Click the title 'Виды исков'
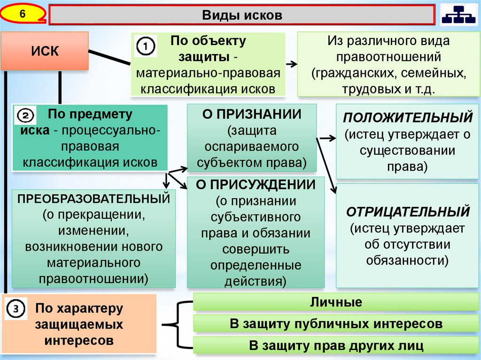(x=242, y=15)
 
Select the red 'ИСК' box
(x=45, y=51)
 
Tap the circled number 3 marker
(x=16, y=308)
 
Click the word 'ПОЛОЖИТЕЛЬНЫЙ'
(x=407, y=117)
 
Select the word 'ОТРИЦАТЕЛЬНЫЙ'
(x=408, y=212)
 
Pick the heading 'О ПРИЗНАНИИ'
(x=251, y=115)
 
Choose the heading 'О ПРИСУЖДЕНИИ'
(x=256, y=184)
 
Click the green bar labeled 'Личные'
(x=335, y=302)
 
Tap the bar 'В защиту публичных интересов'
(x=335, y=324)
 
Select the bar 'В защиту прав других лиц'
(x=335, y=346)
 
